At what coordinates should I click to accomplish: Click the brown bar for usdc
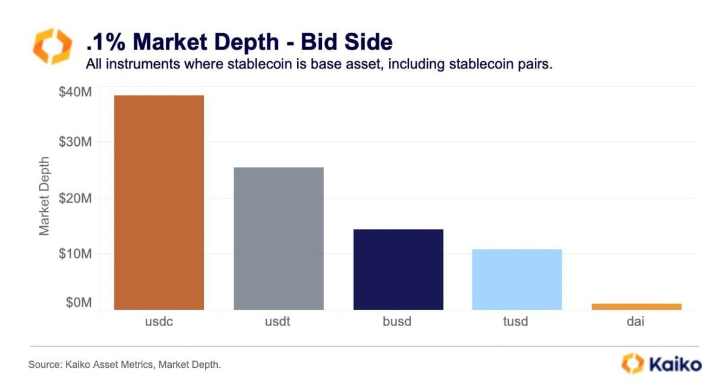(159, 203)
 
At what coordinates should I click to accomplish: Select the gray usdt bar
(278, 238)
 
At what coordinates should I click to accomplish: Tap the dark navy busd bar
(398, 269)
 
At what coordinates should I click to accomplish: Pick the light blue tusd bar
(517, 279)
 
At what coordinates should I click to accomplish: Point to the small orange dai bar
(636, 307)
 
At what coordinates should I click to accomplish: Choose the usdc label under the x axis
(159, 322)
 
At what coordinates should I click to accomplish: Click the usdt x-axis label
(278, 322)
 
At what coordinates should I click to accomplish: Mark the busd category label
(398, 322)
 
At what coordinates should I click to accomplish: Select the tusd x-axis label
(517, 322)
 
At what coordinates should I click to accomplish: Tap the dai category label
(636, 322)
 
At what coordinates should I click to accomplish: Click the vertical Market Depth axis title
(44, 196)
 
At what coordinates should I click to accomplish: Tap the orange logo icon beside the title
(51, 45)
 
